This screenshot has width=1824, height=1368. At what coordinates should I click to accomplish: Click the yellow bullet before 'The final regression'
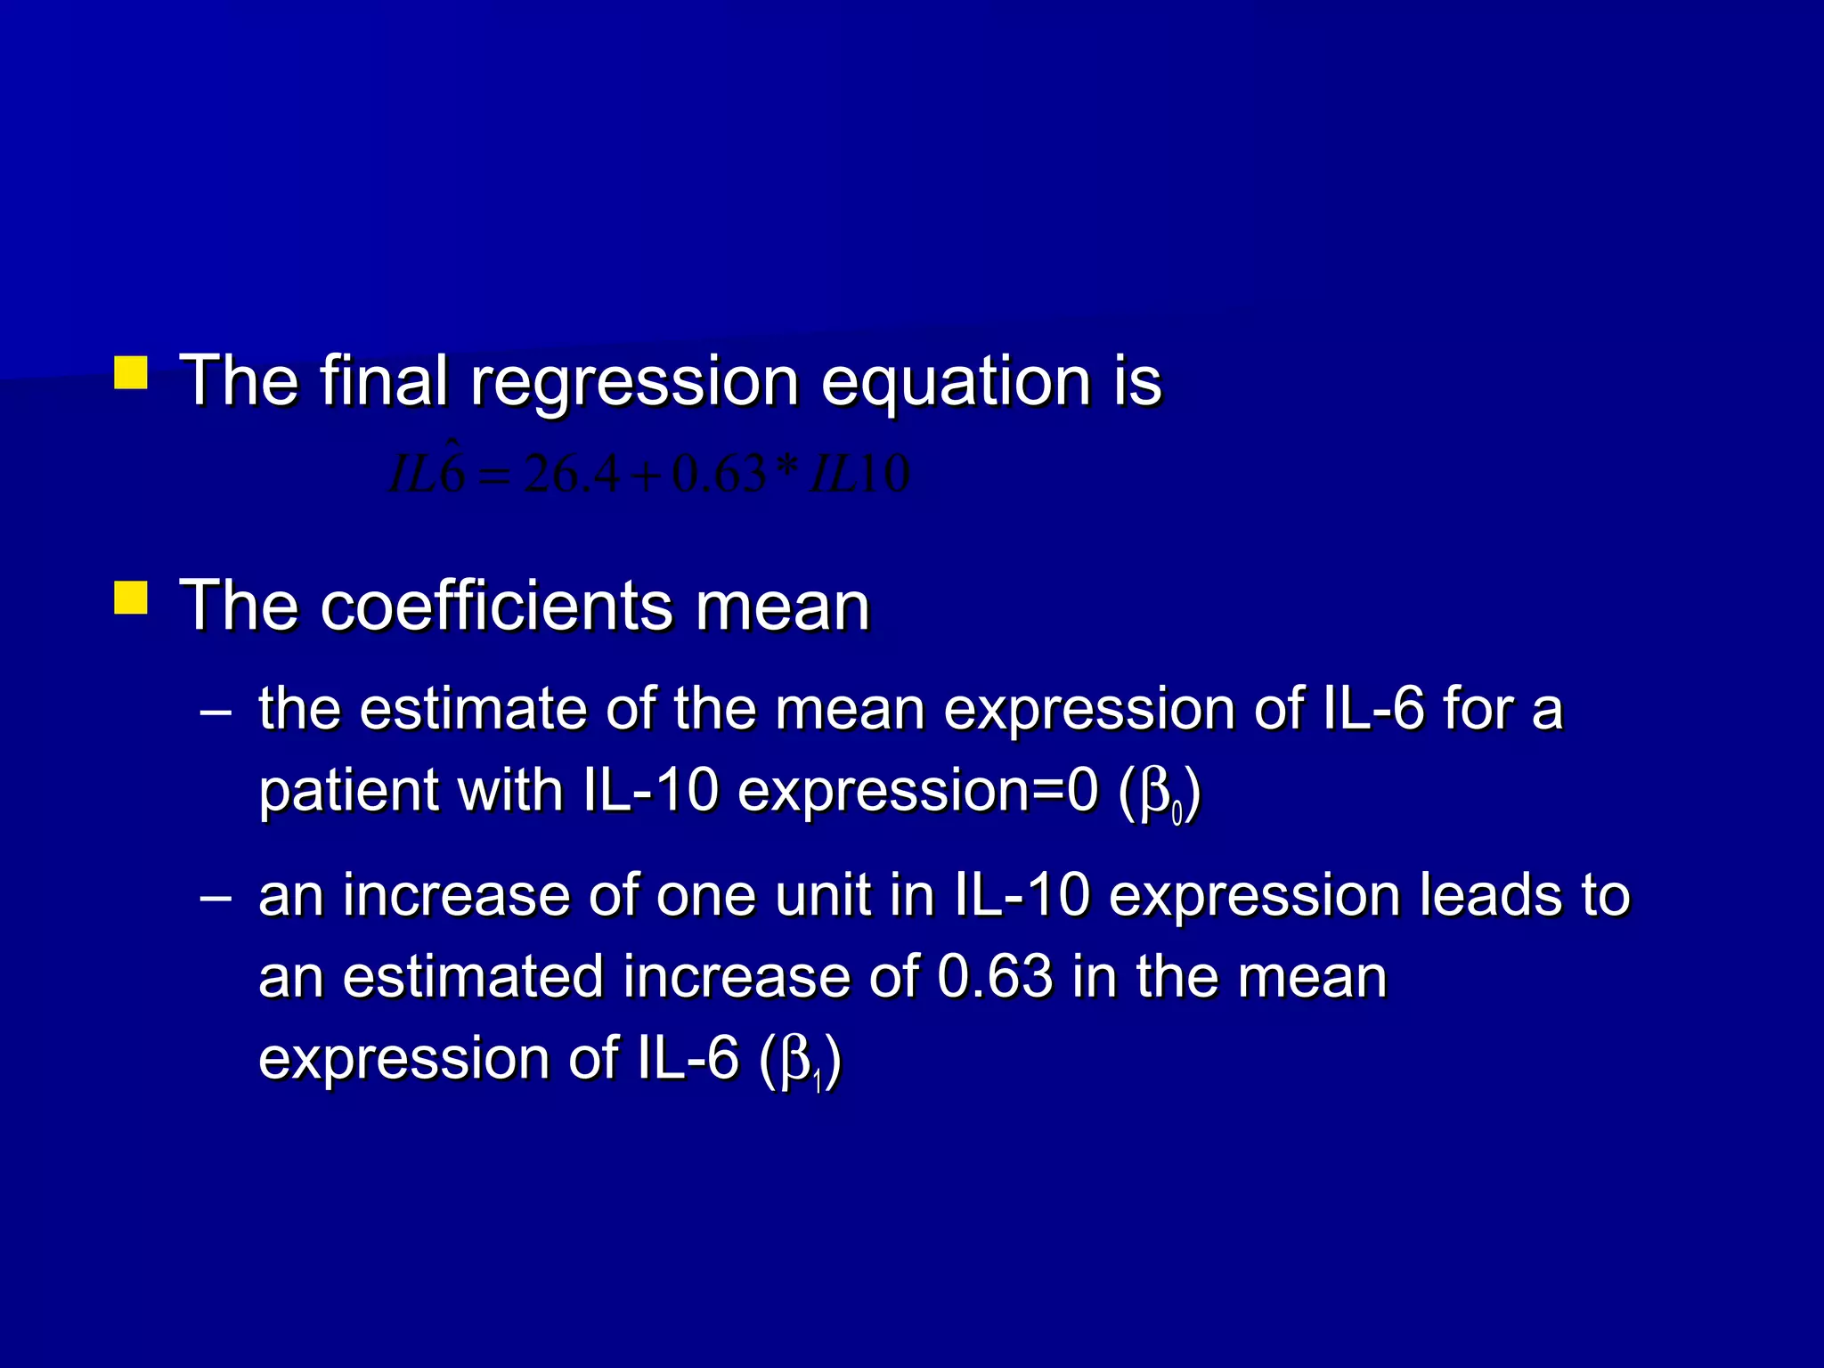pos(131,373)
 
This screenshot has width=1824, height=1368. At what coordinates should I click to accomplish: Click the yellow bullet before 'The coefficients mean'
pos(131,598)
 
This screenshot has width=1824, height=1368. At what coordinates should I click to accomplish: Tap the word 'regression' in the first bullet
pos(634,383)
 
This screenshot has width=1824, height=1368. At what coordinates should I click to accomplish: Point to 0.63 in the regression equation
pos(719,474)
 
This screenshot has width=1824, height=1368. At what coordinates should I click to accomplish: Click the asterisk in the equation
pos(787,468)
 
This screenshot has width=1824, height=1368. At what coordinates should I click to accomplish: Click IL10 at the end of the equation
pos(859,474)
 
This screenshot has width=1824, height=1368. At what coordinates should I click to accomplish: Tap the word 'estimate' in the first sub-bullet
pos(473,711)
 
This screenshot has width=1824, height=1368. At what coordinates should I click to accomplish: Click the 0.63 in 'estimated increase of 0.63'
pos(995,977)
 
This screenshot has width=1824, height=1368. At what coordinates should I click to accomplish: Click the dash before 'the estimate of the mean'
pos(216,712)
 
